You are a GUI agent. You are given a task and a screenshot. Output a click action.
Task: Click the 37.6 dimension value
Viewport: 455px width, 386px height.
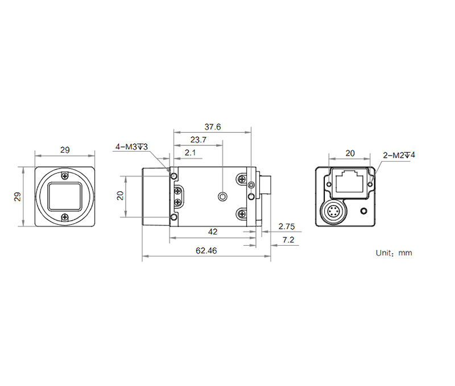213,127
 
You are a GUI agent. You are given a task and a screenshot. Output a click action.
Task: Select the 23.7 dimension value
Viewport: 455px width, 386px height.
198,140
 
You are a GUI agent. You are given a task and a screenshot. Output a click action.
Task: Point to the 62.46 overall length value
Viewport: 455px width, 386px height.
205,250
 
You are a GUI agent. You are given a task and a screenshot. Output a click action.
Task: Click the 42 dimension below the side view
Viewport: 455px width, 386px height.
213,232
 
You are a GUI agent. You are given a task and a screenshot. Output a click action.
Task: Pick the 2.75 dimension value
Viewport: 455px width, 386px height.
287,226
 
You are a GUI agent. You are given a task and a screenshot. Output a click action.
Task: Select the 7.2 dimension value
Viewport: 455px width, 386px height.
289,241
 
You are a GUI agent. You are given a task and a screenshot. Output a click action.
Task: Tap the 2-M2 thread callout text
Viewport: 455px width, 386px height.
399,154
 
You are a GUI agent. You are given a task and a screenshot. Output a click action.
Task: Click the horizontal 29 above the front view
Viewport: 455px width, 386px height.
65,150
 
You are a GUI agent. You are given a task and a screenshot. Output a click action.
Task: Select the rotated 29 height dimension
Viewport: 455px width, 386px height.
18,196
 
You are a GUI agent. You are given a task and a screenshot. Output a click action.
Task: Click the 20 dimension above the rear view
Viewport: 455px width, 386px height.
350,153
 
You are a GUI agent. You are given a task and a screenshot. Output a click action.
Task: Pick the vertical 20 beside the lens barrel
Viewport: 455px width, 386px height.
120,195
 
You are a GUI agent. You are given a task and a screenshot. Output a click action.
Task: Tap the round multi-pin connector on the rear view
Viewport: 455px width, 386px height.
334,213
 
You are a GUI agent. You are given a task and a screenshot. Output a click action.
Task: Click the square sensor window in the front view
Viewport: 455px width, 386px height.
65,196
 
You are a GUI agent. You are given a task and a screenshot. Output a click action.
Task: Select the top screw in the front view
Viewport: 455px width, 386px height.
65,175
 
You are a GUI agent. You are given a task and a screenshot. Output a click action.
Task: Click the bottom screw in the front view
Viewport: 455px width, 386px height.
65,216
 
